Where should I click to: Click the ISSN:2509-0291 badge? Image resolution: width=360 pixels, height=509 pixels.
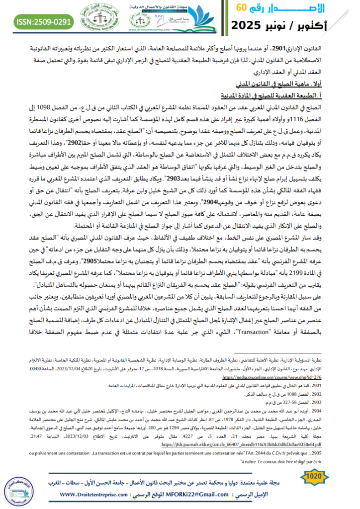tap(37, 21)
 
